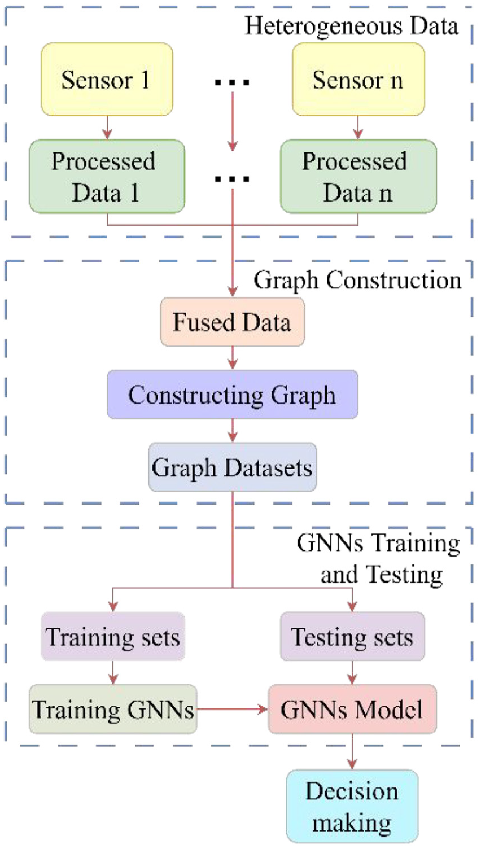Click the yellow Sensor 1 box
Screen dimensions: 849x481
107,80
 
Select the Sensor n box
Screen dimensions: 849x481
358,80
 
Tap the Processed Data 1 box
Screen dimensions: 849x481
107,177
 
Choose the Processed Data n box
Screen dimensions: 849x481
358,177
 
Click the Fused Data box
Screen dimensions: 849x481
233,322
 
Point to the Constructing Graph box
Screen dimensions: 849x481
233,395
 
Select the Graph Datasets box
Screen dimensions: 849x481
233,467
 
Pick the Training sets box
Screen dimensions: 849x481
113,637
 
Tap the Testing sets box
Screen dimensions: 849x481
352,637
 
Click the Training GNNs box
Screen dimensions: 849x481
113,709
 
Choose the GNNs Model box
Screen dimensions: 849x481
352,709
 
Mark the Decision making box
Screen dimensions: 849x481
352,807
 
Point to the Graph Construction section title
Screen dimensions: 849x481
357,280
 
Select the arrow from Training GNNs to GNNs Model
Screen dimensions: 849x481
232,709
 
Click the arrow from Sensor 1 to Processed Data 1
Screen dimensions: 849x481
107,128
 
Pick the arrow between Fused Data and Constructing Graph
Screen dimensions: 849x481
233,358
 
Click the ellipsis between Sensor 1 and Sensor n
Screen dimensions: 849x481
232,82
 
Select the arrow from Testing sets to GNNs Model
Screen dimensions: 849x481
352,673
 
